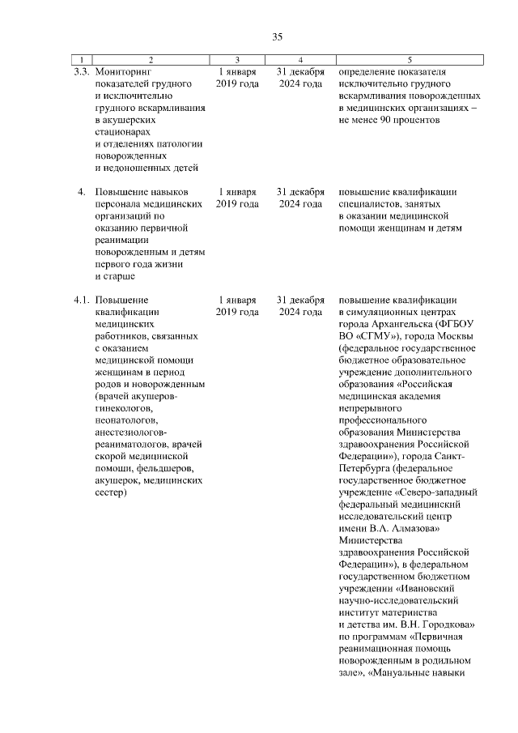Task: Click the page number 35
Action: coord(277,37)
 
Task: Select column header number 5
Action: coord(410,60)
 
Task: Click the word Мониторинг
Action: coord(123,71)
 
